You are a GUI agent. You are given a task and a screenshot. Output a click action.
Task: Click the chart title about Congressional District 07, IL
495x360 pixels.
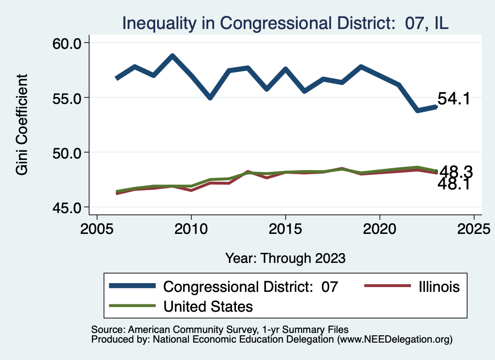(x=285, y=23)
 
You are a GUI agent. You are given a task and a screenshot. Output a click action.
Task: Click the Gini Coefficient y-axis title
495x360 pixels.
(x=22, y=125)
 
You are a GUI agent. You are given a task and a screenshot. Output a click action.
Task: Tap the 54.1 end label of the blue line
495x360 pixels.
(x=454, y=99)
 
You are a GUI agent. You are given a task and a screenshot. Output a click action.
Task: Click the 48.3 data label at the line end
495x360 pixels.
(x=455, y=172)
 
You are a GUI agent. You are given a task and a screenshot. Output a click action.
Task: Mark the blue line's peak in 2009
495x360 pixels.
(x=172, y=56)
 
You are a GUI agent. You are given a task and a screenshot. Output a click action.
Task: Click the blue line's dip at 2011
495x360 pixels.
(x=210, y=98)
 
